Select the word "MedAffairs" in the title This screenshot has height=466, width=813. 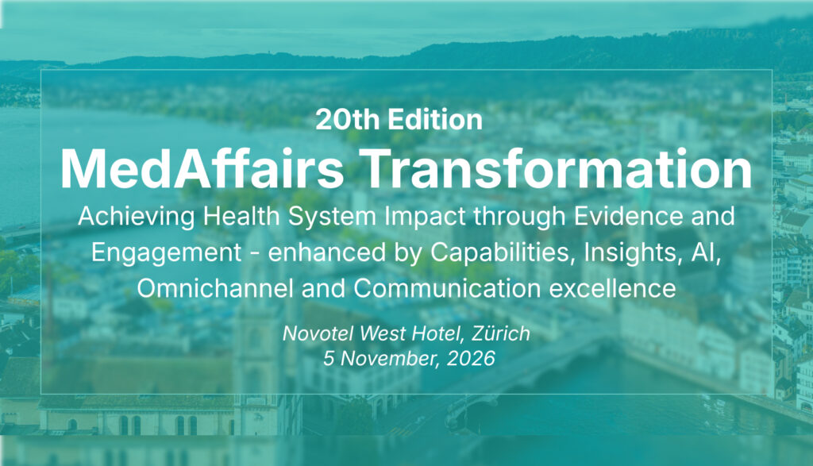202,169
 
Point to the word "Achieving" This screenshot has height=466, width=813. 137,216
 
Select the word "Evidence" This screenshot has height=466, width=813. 629,216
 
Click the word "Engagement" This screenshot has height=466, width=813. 167,253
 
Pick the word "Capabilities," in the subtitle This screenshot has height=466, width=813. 503,253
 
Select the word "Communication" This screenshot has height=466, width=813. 447,288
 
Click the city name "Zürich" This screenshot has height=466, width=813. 502,333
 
